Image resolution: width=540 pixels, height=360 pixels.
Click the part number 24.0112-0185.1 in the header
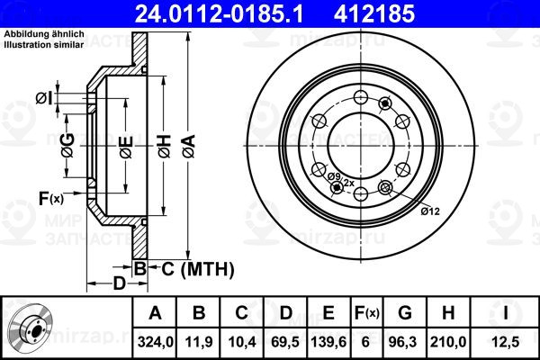click(x=219, y=13)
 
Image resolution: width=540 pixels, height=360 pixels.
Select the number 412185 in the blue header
click(x=374, y=13)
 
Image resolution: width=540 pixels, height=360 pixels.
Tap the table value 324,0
click(x=156, y=342)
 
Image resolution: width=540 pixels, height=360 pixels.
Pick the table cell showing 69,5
click(x=285, y=342)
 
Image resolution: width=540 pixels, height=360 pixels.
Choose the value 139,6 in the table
click(x=328, y=342)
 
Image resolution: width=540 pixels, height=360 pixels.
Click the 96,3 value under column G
click(x=405, y=342)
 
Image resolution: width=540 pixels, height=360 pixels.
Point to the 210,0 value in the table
click(x=448, y=342)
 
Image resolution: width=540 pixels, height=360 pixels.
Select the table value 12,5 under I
click(x=506, y=342)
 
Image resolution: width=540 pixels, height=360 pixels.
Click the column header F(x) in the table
click(x=366, y=313)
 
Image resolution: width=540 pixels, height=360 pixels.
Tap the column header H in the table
click(x=448, y=313)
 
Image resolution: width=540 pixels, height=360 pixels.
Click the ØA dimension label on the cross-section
click(x=189, y=147)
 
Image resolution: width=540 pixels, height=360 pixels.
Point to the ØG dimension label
click(x=67, y=145)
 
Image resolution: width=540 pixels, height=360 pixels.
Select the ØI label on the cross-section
click(x=44, y=98)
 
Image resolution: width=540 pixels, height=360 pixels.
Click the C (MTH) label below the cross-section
click(x=198, y=269)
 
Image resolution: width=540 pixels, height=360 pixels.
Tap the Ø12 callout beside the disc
click(x=430, y=211)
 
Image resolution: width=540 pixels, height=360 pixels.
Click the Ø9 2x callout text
click(x=340, y=179)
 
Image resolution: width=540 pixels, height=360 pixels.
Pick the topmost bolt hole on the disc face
click(x=361, y=96)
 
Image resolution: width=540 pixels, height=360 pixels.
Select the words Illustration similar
click(x=44, y=45)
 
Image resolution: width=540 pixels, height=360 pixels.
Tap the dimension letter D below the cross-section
click(x=120, y=283)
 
